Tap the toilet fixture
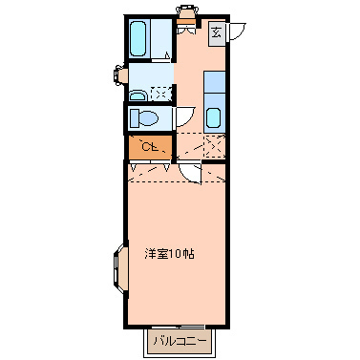pyautogui.click(x=146, y=118)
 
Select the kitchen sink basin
pyautogui.click(x=213, y=119)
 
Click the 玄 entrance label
pyautogui.click(x=217, y=33)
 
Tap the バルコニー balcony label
pyautogui.click(x=182, y=341)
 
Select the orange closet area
pyautogui.click(x=150, y=147)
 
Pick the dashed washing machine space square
pyautogui.click(x=161, y=93)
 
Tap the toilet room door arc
pyautogui.click(x=183, y=118)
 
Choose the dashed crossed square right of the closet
pyautogui.click(x=201, y=147)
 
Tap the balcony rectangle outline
pyautogui.click(x=183, y=342)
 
